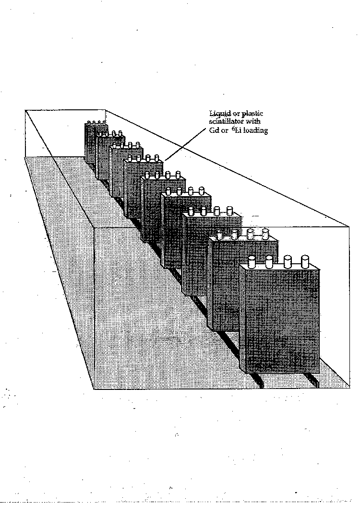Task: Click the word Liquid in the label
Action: [x=218, y=113]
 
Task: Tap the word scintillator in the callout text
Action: [x=227, y=121]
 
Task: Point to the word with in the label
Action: [x=253, y=121]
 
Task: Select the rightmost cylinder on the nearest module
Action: [x=305, y=261]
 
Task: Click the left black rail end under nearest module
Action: [x=260, y=384]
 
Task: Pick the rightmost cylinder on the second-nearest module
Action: [x=265, y=234]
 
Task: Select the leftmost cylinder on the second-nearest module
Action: [x=220, y=235]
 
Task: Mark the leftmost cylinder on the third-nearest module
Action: [x=191, y=212]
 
